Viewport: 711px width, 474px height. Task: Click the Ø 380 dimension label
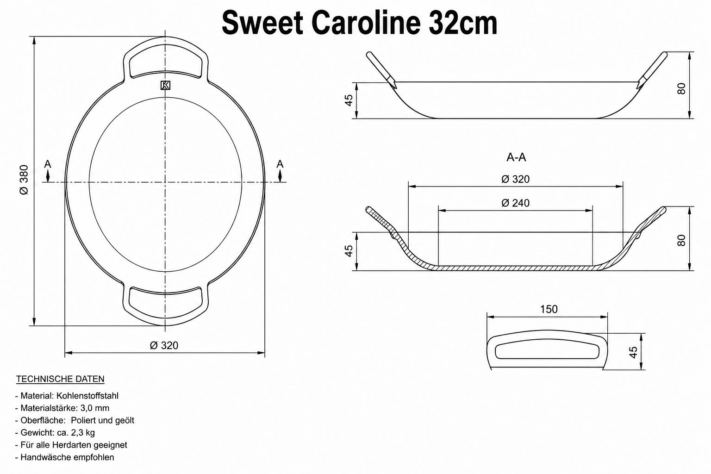tap(24, 180)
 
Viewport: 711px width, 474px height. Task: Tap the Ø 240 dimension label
tap(516, 203)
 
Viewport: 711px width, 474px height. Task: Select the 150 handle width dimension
tap(549, 309)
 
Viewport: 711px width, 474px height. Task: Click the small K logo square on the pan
tap(165, 85)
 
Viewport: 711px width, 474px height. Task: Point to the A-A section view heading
tap(516, 157)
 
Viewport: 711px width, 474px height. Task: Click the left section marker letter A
tap(48, 164)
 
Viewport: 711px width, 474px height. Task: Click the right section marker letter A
tap(280, 164)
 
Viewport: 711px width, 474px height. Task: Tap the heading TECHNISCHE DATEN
tap(60, 379)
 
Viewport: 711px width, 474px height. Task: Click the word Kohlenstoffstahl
tap(87, 396)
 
